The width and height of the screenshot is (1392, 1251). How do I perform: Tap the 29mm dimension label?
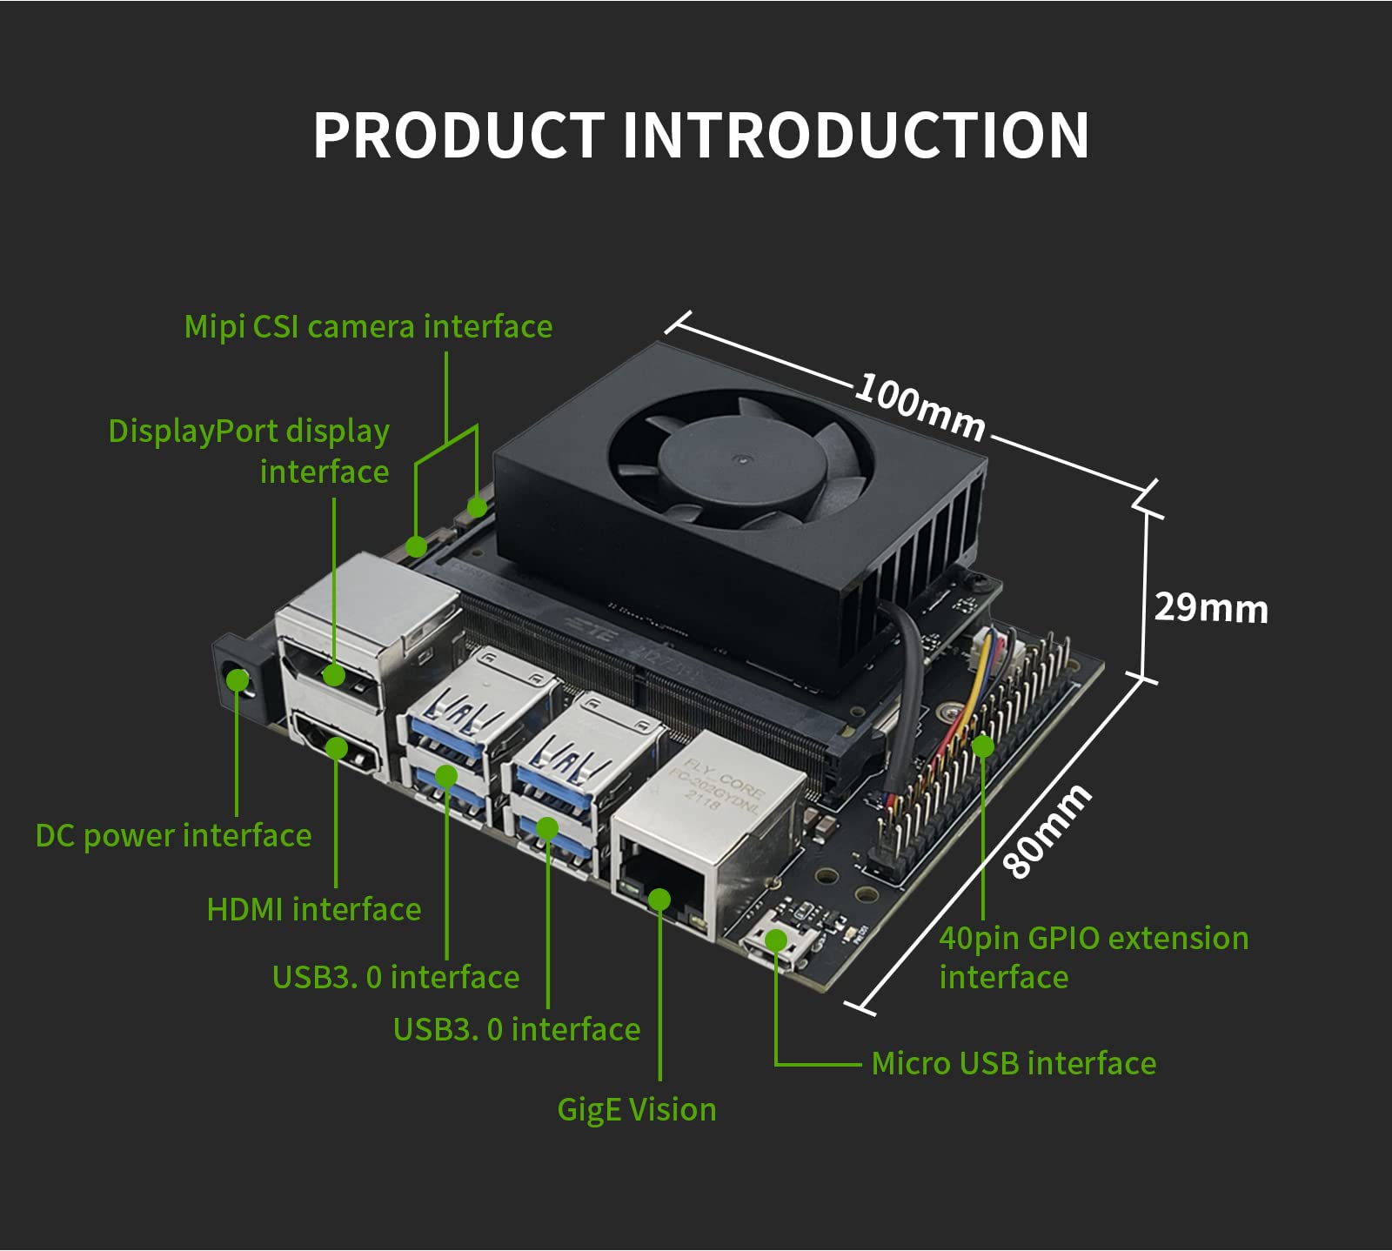pos(1210,607)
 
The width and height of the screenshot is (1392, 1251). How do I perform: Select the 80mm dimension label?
pos(1046,830)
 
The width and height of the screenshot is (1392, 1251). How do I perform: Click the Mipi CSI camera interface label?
pos(368,327)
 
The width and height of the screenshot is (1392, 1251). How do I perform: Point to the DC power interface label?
pos(173,836)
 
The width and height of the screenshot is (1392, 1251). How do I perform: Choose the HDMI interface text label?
pos(313,910)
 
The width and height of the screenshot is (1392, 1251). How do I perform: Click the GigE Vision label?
pos(636,1110)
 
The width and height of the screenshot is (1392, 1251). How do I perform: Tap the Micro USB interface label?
pos(1014,1064)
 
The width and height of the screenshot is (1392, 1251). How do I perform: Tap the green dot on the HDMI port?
pos(336,748)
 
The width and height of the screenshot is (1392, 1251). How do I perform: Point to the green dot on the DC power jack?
pos(238,679)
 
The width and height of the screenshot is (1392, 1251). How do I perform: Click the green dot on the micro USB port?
pos(775,940)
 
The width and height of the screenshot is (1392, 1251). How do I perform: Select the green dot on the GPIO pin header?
pos(982,746)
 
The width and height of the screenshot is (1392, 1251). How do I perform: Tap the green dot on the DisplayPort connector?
pos(333,674)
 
